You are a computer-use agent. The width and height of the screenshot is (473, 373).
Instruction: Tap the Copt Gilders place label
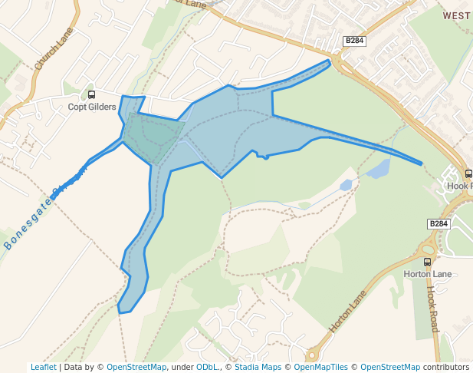coord(92,107)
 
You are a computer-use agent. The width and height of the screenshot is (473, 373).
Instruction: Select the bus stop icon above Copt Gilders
coord(92,95)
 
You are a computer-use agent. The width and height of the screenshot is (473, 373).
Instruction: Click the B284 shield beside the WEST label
coord(354,41)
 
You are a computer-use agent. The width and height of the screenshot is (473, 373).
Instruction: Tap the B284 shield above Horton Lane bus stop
coord(438,223)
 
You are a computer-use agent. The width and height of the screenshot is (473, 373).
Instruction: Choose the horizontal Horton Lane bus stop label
coord(427,273)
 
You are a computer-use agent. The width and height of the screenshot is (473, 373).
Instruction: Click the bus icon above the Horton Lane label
coord(427,262)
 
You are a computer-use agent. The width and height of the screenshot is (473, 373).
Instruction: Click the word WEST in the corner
coord(457,15)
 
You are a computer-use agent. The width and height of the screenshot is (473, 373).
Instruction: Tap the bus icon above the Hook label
coord(468,174)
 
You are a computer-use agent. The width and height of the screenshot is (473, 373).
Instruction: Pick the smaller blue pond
coord(346,185)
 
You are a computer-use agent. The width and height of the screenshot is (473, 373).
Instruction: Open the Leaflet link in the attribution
coord(43,367)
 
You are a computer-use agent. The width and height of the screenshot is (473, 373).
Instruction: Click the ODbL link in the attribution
coord(207,367)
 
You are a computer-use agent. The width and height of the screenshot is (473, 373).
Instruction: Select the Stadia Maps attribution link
coord(258,367)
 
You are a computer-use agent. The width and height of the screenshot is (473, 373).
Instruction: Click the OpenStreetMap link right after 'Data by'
coord(136,367)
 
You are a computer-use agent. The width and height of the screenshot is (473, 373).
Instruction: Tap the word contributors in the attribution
coord(445,367)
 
